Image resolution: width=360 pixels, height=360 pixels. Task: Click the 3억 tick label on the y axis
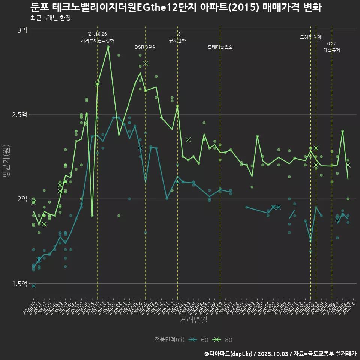coord(22,30)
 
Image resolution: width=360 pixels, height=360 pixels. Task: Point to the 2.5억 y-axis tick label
coord(19,114)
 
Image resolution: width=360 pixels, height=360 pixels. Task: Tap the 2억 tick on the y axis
coord(22,199)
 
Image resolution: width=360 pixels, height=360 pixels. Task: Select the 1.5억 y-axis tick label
coord(19,283)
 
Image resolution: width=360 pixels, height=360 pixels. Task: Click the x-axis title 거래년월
coord(193,320)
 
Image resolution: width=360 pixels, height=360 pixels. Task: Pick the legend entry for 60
coord(199,340)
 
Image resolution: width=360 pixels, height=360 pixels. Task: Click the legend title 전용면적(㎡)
coord(169,340)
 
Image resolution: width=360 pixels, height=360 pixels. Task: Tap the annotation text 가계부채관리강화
coord(97,40)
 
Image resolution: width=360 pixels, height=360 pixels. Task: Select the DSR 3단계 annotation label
coord(145,47)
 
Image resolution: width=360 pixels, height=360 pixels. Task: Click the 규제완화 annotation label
coord(177,40)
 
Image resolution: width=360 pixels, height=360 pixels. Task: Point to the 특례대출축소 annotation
coord(220,47)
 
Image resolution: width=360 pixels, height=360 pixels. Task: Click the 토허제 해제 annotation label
coord(311,37)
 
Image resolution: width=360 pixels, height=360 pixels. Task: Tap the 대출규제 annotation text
coord(332,50)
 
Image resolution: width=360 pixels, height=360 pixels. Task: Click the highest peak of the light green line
coord(108,47)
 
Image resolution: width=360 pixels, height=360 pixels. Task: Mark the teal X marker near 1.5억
coord(33,286)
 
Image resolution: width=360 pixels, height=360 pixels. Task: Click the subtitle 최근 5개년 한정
coord(51,18)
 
